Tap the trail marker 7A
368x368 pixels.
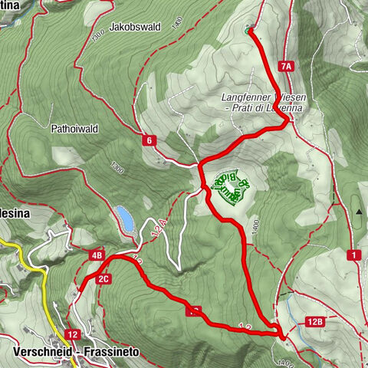click(x=287, y=67)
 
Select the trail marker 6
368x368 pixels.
click(x=149, y=140)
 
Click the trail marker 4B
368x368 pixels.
click(x=97, y=255)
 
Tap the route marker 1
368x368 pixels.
click(x=354, y=254)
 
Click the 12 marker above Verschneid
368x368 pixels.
click(x=72, y=334)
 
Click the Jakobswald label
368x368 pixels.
click(x=135, y=26)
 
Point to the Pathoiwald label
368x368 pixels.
click(x=73, y=129)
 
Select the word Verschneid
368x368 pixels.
click(x=43, y=353)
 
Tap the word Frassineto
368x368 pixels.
click(x=111, y=353)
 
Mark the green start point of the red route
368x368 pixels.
click(x=248, y=31)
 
